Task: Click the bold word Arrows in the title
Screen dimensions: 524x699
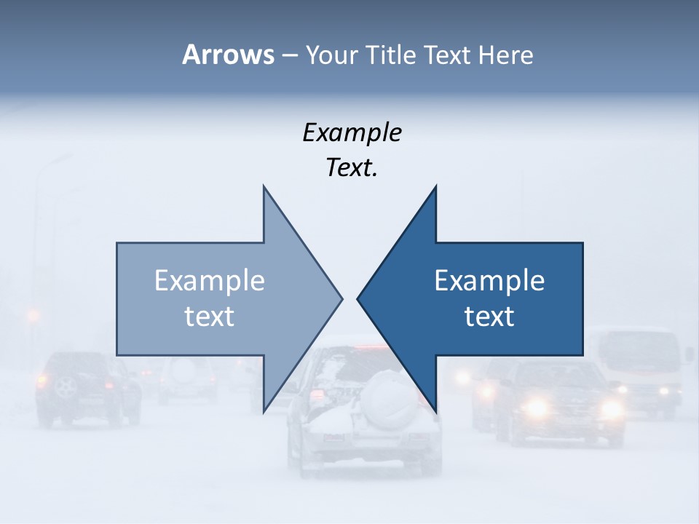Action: [x=228, y=55]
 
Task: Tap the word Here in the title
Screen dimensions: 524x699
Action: [x=505, y=55]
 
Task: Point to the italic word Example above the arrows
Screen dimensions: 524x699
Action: [x=352, y=133]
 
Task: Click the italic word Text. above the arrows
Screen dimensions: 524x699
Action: [x=352, y=168]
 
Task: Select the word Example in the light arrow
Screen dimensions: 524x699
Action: [x=210, y=281]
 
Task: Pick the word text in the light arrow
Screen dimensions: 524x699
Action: [x=210, y=317]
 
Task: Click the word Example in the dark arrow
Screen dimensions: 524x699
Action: [x=489, y=281]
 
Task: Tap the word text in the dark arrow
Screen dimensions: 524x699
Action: [x=489, y=317]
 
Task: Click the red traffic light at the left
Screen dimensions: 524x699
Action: [x=33, y=316]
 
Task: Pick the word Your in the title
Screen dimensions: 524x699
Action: [x=330, y=55]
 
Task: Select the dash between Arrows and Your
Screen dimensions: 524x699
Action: [x=289, y=56]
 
